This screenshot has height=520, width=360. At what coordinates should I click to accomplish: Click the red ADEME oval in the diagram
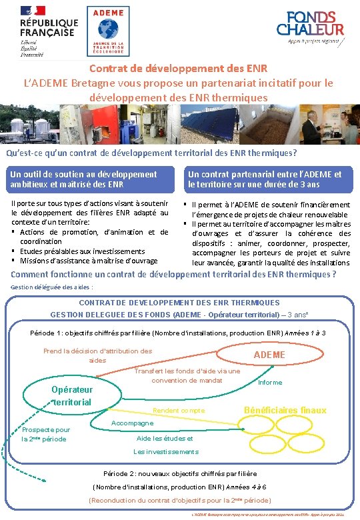(270, 355)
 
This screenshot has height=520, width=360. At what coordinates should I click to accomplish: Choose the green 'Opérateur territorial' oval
(71, 395)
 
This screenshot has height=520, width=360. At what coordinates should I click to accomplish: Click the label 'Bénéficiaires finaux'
(285, 410)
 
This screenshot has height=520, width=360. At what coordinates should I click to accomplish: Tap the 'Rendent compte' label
(179, 411)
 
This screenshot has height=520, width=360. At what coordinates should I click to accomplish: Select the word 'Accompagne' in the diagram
(132, 423)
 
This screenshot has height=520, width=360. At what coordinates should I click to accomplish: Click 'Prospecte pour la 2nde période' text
(45, 435)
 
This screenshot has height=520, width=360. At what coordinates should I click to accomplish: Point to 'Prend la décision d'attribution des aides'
(97, 355)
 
